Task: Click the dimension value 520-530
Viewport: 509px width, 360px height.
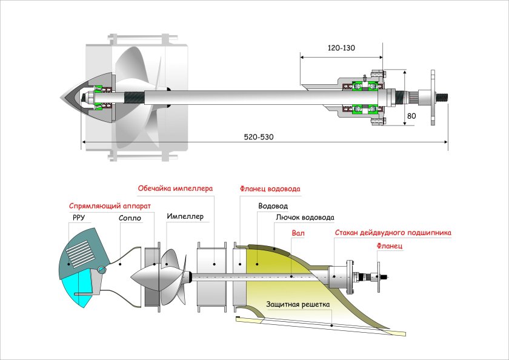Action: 259,137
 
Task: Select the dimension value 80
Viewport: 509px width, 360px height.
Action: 411,115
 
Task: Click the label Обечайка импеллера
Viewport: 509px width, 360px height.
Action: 175,188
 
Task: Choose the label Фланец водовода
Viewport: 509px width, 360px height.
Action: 270,188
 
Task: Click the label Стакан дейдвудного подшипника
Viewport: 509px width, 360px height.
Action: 393,232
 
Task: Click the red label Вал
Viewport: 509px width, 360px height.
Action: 298,232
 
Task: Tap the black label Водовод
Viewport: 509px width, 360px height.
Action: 272,205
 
